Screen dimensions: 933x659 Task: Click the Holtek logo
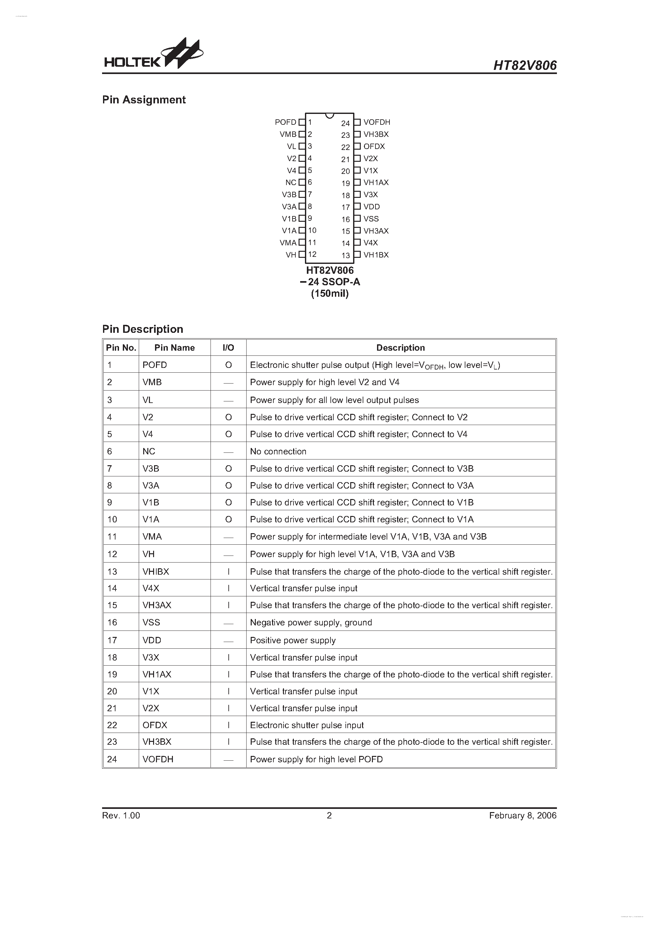coord(153,54)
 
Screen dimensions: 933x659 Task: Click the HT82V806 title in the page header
coord(525,65)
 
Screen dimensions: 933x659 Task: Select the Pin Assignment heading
coord(144,100)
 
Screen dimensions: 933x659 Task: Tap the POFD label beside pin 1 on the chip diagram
coord(285,122)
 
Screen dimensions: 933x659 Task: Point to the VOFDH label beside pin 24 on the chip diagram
coord(377,122)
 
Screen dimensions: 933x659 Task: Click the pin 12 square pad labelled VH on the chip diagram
coord(302,255)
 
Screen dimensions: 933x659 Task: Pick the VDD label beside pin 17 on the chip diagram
coord(371,207)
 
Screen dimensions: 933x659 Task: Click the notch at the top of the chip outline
coord(329,116)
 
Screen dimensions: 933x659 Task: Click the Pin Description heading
coord(143,329)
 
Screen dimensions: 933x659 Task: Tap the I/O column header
coord(228,348)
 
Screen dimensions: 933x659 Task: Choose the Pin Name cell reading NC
coord(149,452)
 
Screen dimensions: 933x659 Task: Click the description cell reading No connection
coord(278,452)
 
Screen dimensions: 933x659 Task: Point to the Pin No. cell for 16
coord(112,623)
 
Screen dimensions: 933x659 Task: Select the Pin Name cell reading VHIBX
coord(156,572)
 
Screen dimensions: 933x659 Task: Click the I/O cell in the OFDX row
coord(229,725)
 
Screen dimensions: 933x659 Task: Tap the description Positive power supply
coord(293,640)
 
